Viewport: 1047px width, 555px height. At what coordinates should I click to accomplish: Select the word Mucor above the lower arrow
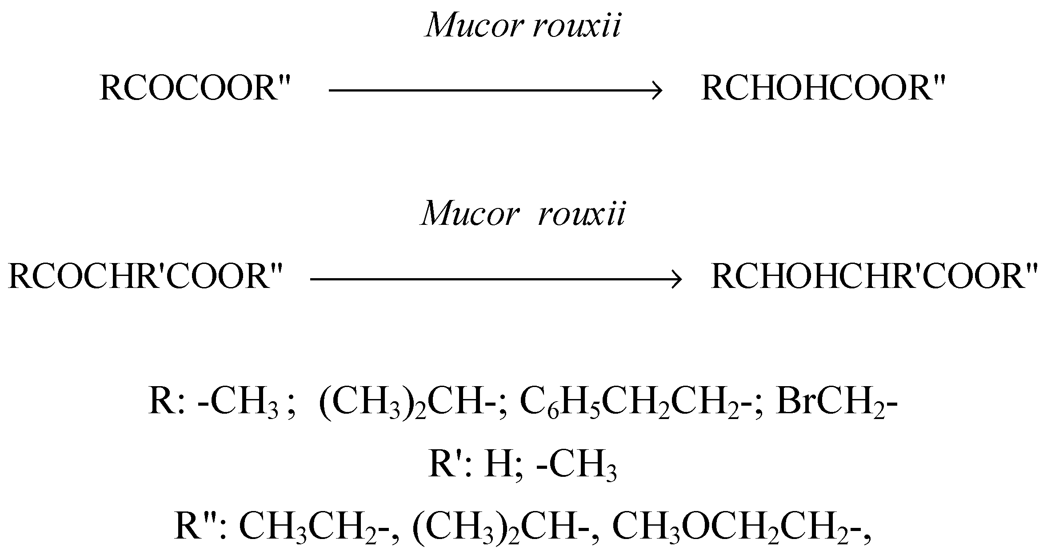469,214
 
